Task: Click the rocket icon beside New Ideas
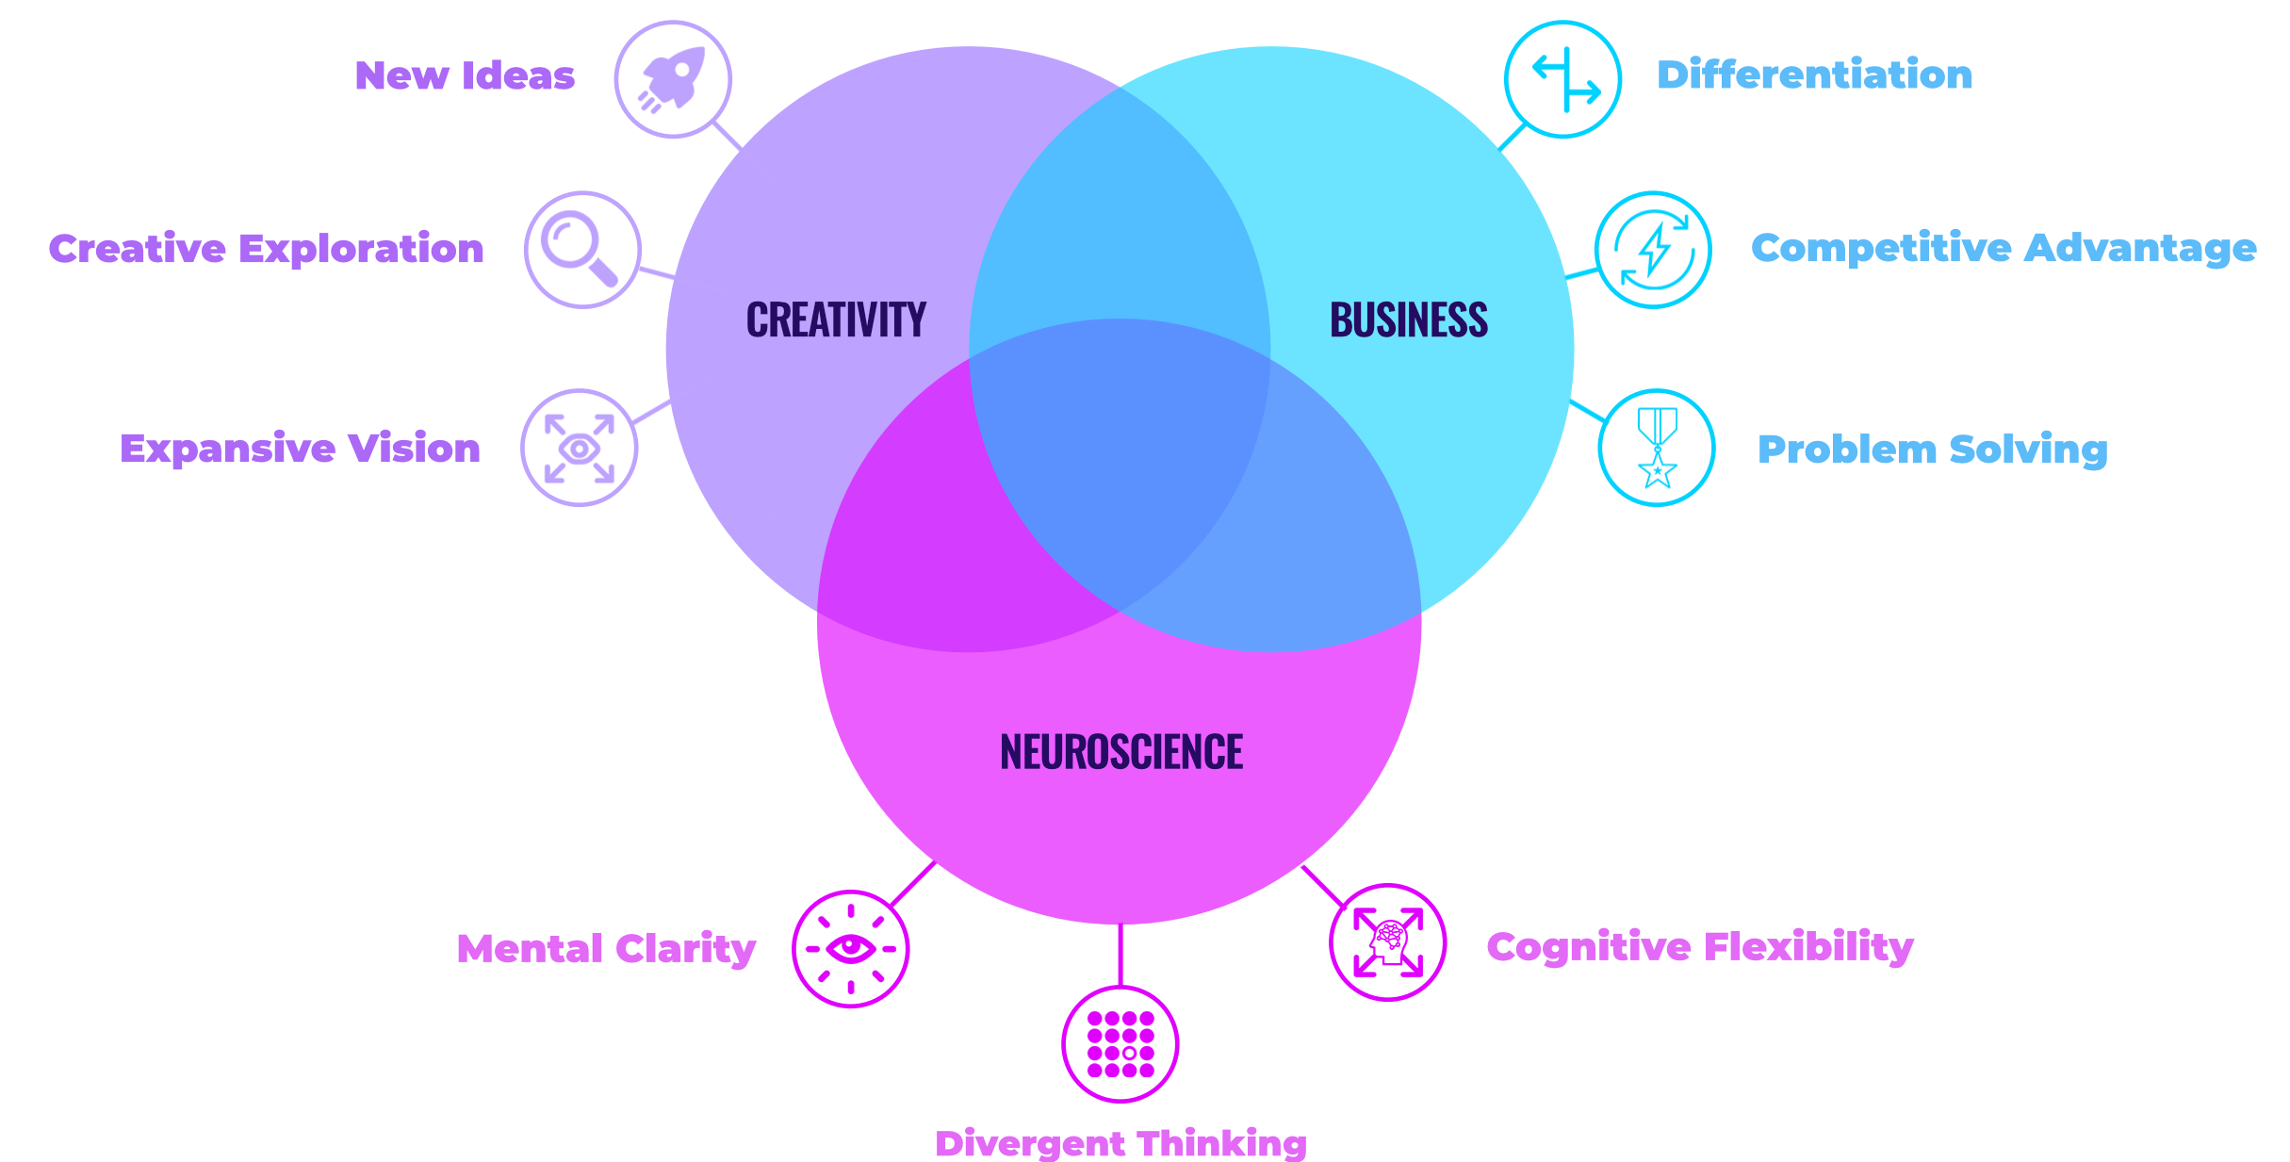[673, 79]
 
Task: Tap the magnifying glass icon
[582, 250]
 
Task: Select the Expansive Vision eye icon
[579, 448]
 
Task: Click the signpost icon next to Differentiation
[1562, 79]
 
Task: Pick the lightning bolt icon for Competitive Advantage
[1654, 250]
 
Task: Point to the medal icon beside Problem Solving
[1657, 448]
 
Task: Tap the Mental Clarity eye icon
[850, 948]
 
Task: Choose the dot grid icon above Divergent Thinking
[1120, 1044]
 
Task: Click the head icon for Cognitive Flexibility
[1387, 942]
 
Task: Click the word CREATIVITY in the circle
[836, 320]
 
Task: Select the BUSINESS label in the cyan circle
[1409, 320]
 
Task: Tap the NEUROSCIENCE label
[1121, 752]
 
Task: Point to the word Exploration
[362, 250]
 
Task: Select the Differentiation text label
[1814, 75]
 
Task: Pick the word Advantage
[2140, 249]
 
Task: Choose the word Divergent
[1030, 1144]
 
